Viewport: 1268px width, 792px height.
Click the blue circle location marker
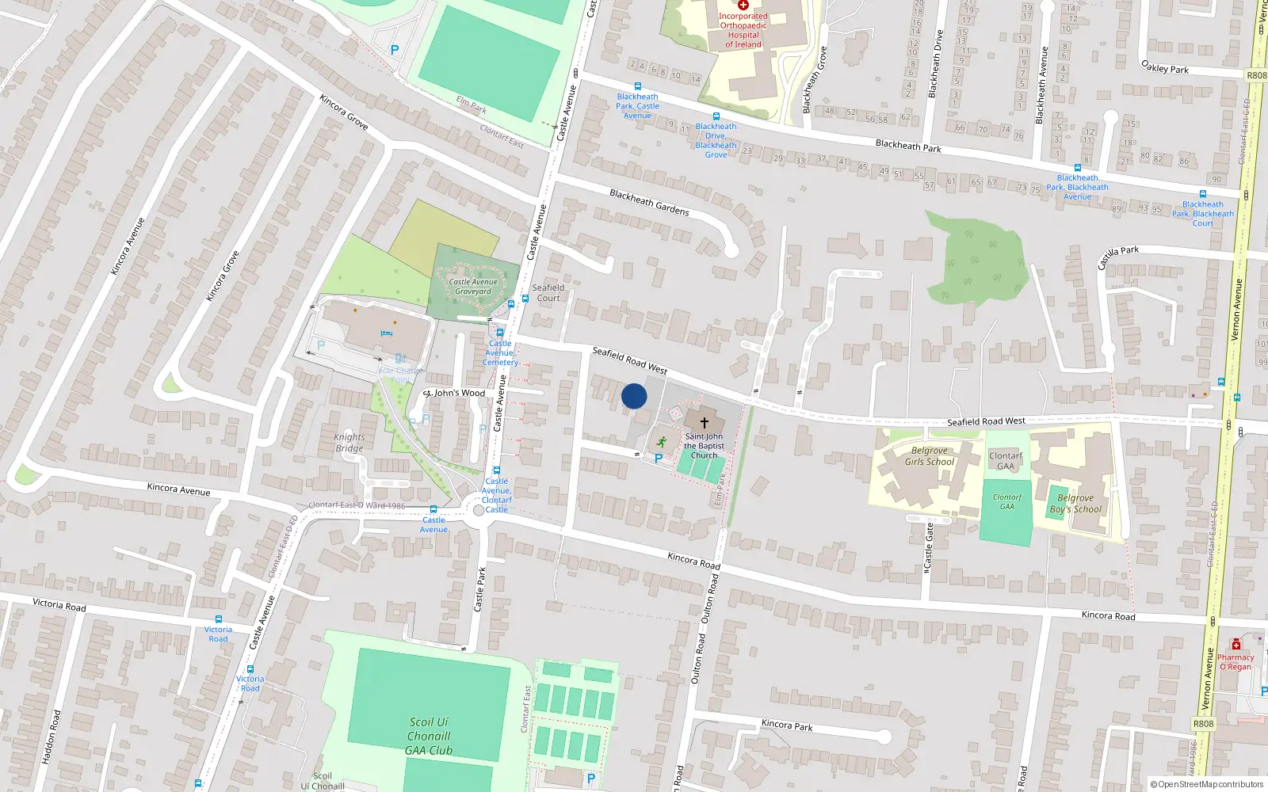click(x=634, y=396)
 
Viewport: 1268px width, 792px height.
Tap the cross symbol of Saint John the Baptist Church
click(x=704, y=423)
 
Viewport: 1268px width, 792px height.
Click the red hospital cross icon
click(x=743, y=6)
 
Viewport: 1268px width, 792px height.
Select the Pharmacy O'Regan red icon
click(x=1236, y=645)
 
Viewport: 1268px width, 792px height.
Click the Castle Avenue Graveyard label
click(x=473, y=287)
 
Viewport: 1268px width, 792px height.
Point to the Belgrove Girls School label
click(x=930, y=456)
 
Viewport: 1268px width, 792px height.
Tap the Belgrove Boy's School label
click(x=1075, y=504)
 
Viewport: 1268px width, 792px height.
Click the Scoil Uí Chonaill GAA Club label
click(x=429, y=736)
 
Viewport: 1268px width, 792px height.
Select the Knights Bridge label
click(x=349, y=443)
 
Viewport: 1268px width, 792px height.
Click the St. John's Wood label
click(x=455, y=393)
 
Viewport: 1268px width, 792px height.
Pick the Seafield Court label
click(x=548, y=293)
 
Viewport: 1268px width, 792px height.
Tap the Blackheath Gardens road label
click(x=649, y=203)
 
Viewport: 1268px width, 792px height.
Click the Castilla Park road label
click(x=1118, y=256)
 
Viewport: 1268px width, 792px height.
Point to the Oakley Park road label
click(x=1164, y=67)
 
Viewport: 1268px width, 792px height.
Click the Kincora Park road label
click(x=787, y=725)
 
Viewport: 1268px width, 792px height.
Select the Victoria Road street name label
click(x=59, y=604)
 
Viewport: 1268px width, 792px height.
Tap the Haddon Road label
click(x=51, y=737)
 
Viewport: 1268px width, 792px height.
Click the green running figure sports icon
click(x=661, y=443)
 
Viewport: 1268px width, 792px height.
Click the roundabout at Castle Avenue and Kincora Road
click(x=478, y=511)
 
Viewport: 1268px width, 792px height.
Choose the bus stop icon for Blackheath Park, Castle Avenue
click(x=637, y=86)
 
